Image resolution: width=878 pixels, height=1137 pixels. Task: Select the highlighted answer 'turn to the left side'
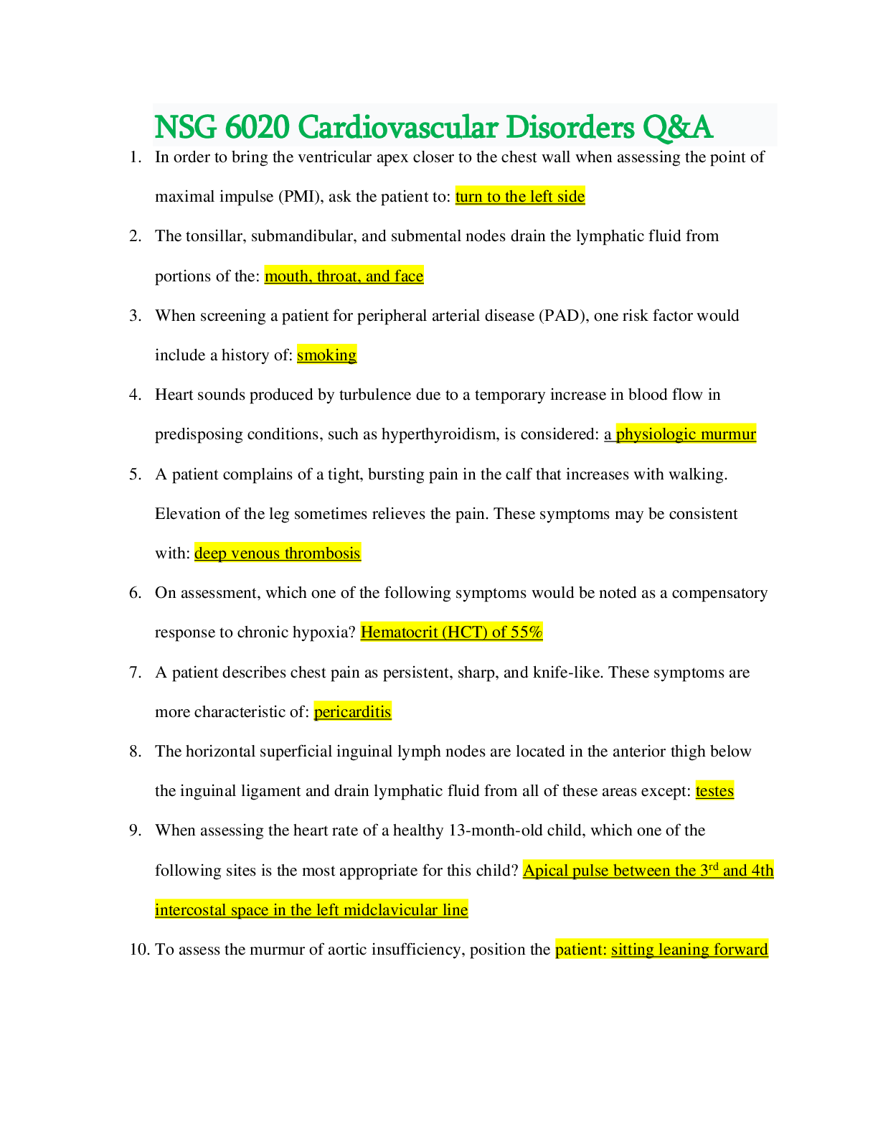(x=520, y=197)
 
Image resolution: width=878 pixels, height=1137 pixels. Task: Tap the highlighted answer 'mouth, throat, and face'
(x=344, y=276)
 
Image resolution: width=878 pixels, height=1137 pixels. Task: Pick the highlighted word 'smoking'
(x=326, y=355)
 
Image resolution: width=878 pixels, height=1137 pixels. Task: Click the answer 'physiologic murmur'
(x=686, y=434)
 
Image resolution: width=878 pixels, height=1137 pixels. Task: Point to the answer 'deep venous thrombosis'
(x=277, y=553)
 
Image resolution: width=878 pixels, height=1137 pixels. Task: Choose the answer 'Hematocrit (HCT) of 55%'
(x=451, y=632)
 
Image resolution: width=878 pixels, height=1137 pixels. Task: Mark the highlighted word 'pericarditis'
(x=352, y=712)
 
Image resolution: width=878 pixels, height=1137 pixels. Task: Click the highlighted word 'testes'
(x=714, y=791)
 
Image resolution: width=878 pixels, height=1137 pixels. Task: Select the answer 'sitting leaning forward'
(x=689, y=950)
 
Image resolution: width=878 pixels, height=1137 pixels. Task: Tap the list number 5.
(x=135, y=474)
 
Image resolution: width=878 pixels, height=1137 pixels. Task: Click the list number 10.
(x=138, y=950)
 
